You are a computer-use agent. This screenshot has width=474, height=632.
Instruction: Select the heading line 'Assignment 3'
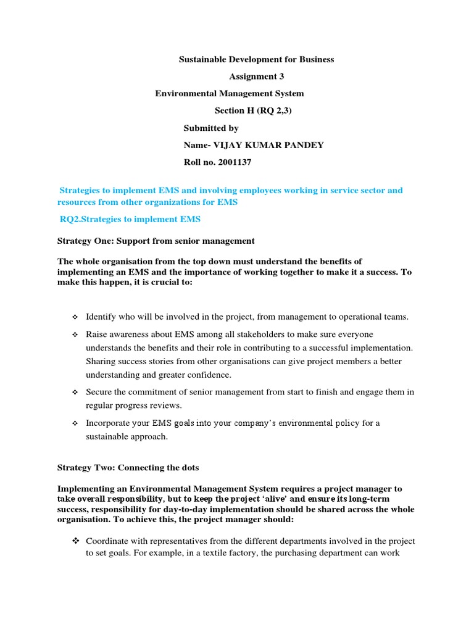257,77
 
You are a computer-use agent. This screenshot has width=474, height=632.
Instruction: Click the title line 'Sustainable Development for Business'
256,59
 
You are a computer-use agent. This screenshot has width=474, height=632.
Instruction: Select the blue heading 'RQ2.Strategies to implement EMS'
130,219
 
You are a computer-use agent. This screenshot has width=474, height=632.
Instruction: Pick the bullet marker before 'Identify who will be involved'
75,317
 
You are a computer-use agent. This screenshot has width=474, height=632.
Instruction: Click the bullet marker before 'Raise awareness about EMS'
75,335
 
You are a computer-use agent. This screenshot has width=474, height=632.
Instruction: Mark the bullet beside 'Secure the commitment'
75,393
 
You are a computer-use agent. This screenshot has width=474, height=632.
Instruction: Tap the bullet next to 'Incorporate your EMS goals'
75,423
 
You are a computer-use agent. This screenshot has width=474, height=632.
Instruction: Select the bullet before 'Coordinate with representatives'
75,541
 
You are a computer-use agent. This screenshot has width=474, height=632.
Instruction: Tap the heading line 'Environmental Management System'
229,94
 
